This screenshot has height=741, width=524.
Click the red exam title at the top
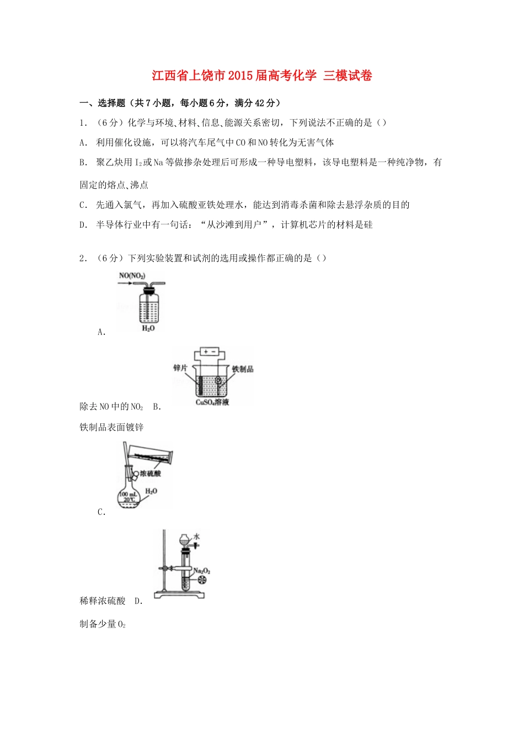[262, 76]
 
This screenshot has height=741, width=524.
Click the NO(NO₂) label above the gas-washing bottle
[132, 276]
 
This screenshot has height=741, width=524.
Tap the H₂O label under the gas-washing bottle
[148, 329]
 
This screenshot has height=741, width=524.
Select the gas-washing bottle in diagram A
[148, 306]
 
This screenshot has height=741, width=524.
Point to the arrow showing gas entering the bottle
[124, 284]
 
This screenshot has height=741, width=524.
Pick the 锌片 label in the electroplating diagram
[180, 368]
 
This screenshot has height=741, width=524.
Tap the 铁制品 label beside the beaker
[242, 369]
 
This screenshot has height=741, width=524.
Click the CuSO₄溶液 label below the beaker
[212, 402]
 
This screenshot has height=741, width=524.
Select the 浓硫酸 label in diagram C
[150, 473]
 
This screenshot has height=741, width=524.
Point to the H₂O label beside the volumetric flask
[151, 491]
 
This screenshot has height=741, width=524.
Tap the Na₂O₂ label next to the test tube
[202, 571]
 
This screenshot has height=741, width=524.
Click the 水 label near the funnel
[196, 536]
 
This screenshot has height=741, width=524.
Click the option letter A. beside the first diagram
[101, 332]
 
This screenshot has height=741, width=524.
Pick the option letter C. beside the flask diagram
[101, 512]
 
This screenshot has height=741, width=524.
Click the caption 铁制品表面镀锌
[112, 427]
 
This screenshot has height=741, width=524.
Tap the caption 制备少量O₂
[103, 624]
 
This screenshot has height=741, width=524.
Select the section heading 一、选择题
[103, 103]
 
